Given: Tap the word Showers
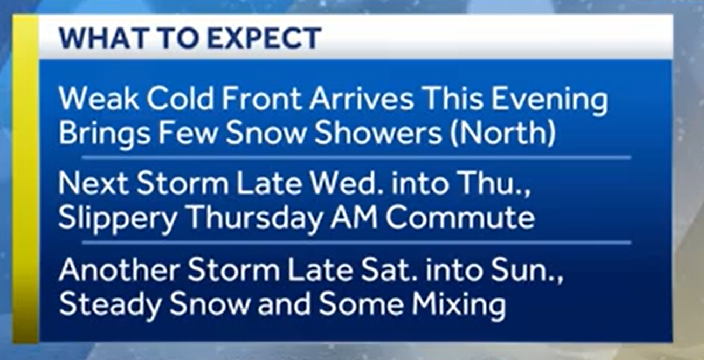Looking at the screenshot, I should click(x=378, y=134).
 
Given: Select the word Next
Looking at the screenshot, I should click(x=93, y=184).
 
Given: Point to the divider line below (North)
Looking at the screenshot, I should click(x=356, y=157).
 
